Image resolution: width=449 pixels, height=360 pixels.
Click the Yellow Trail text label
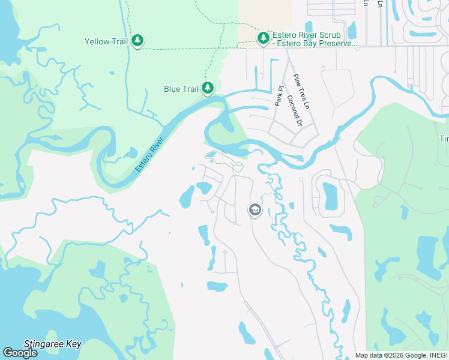click(106, 41)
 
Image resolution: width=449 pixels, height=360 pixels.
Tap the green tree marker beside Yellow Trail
click(137, 40)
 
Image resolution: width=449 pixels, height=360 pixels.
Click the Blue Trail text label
click(181, 89)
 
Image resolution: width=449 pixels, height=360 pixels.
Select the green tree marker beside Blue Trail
click(208, 88)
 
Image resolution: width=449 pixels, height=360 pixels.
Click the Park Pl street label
click(279, 96)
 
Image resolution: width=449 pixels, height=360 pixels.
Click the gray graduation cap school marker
click(255, 210)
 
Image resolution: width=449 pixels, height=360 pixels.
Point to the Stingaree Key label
click(52, 344)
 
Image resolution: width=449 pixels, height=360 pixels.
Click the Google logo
click(20, 353)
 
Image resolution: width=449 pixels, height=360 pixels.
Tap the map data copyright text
click(401, 355)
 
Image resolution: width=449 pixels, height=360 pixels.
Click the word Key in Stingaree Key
click(73, 344)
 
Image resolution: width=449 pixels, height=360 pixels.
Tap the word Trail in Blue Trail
click(190, 89)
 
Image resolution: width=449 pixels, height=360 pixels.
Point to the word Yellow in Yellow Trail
click(97, 41)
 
